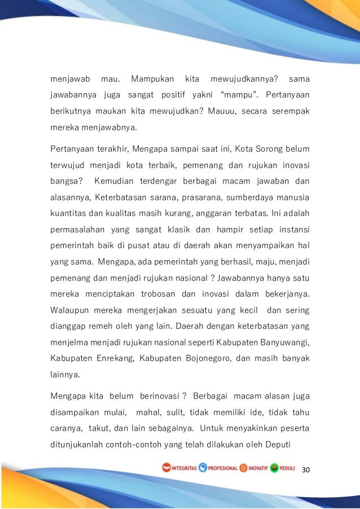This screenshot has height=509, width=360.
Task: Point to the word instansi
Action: (x=293, y=231)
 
